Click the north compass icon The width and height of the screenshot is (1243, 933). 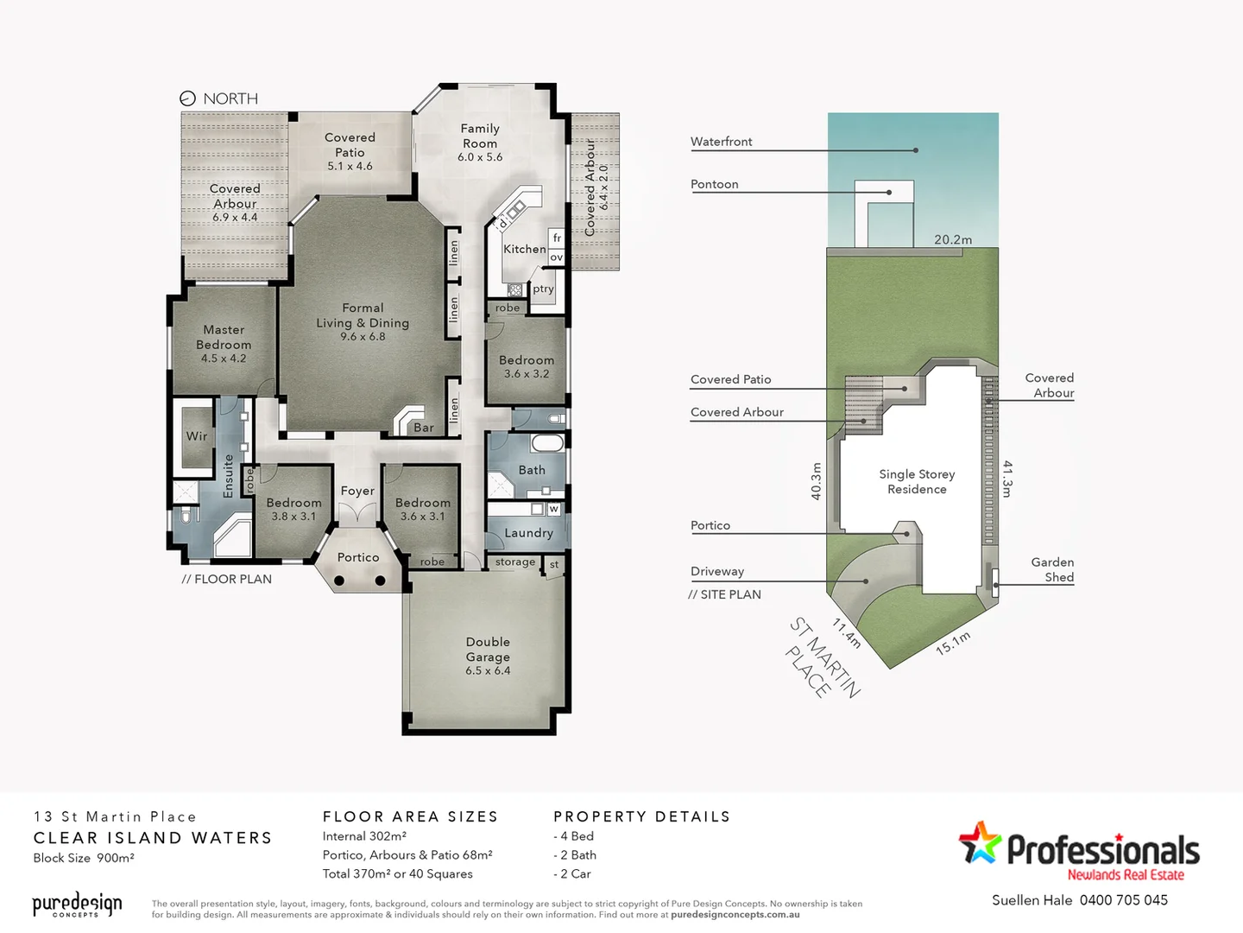(187, 98)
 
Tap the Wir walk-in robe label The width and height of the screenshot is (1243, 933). (197, 436)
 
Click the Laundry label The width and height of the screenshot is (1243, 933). (528, 533)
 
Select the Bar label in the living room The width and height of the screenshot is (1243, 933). (424, 428)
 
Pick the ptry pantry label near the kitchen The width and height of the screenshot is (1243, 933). (543, 289)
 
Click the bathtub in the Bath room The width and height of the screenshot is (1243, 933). (546, 444)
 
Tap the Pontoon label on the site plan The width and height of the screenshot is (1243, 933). (714, 184)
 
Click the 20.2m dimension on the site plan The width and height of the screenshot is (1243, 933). (953, 239)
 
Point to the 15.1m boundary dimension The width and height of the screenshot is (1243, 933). (953, 643)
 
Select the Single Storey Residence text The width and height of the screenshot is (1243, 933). (917, 481)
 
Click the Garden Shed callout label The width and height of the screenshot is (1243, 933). (1052, 569)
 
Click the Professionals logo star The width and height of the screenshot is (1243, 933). (981, 842)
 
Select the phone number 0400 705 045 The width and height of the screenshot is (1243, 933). (1123, 900)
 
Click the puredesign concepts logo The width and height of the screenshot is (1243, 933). (77, 904)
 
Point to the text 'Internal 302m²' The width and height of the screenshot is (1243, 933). (364, 836)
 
